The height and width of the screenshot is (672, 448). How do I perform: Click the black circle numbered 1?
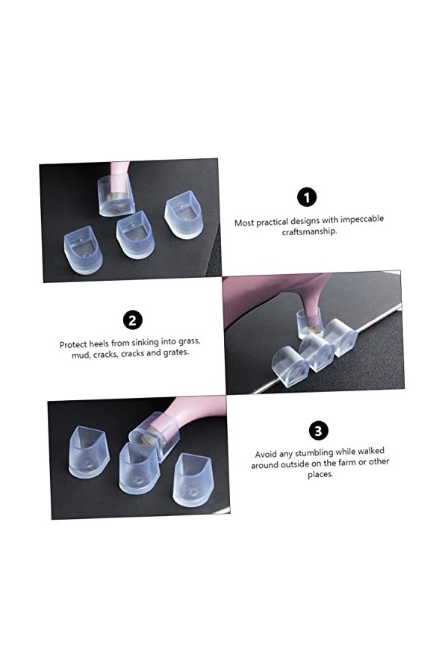pyautogui.click(x=307, y=197)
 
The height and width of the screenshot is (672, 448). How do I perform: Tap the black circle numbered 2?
pyautogui.click(x=132, y=320)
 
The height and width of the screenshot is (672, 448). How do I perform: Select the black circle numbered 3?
pyautogui.click(x=318, y=431)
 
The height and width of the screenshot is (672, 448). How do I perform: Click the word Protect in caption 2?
pyautogui.click(x=75, y=345)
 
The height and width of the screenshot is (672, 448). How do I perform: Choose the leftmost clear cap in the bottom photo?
pyautogui.click(x=88, y=452)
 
